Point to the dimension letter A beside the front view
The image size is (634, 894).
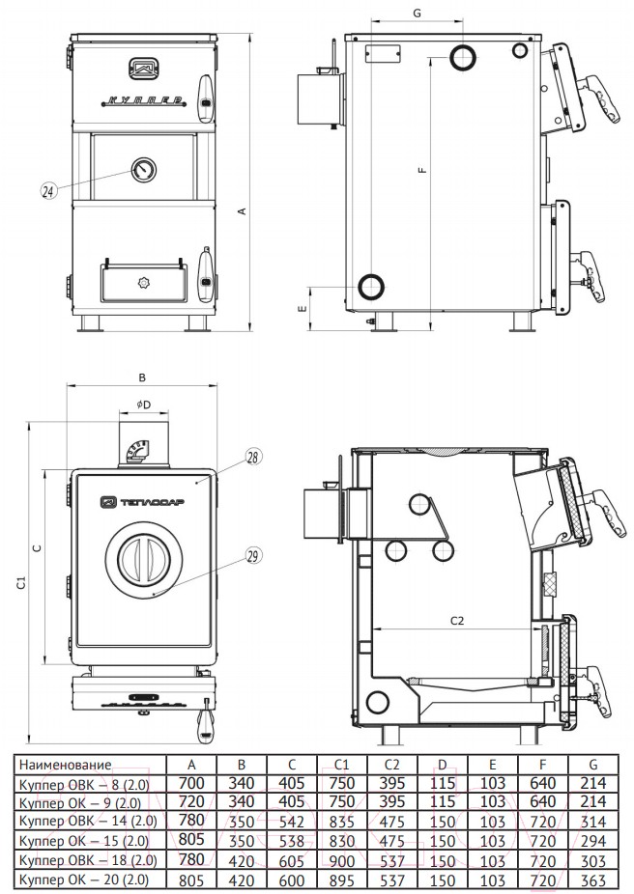click(243, 211)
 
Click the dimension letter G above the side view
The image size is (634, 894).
click(417, 13)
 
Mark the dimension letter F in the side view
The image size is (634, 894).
click(422, 170)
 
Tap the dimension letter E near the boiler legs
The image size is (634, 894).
click(303, 310)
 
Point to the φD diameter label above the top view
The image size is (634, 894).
click(143, 403)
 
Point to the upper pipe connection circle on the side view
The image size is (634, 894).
click(464, 58)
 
